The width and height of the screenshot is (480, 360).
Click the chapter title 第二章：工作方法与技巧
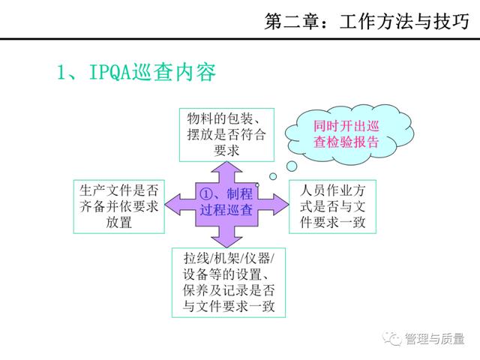pyautogui.click(x=367, y=22)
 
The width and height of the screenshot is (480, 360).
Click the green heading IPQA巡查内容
pyautogui.click(x=152, y=73)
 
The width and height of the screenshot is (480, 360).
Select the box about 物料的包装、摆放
pyautogui.click(x=226, y=135)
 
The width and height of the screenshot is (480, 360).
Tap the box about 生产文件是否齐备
pyautogui.click(x=119, y=207)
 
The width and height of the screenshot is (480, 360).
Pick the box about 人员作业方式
pyautogui.click(x=332, y=207)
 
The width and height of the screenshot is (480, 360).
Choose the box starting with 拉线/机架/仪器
pyautogui.click(x=229, y=283)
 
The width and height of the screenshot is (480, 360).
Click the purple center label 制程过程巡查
pyautogui.click(x=226, y=202)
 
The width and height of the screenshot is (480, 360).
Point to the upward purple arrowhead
pyautogui.click(x=226, y=168)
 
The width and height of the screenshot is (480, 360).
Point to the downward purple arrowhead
pyautogui.click(x=226, y=241)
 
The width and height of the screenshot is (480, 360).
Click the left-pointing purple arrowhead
pyautogui.click(x=172, y=205)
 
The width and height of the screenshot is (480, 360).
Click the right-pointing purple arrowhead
pyautogui.click(x=282, y=205)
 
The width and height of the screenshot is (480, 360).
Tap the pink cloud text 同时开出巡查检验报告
pyautogui.click(x=346, y=134)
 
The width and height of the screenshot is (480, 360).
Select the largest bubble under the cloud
pyautogui.click(x=292, y=166)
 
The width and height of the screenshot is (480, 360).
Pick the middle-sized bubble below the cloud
pyautogui.click(x=273, y=176)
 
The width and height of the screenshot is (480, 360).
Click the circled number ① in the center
pyautogui.click(x=205, y=193)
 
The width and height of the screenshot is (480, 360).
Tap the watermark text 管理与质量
pyautogui.click(x=435, y=338)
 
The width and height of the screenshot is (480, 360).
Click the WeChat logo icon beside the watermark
pyautogui.click(x=392, y=338)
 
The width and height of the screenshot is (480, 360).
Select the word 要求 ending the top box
pyautogui.click(x=226, y=151)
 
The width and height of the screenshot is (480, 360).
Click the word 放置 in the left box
pyautogui.click(x=118, y=223)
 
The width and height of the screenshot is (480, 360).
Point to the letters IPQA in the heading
pyautogui.click(x=110, y=73)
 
